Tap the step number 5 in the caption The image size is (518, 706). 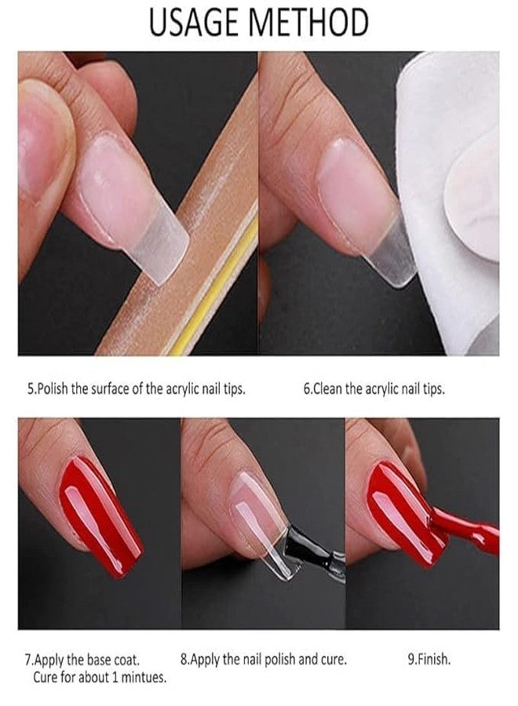point(31,389)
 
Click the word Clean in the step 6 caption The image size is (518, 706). point(327,389)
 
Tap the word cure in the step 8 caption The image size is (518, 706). point(334,660)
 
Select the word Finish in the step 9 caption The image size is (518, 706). point(435,660)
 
